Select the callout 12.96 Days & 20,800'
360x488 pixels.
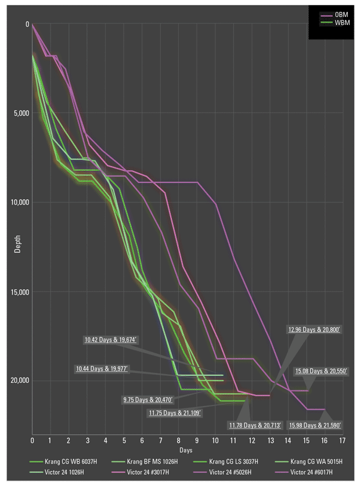click(x=314, y=329)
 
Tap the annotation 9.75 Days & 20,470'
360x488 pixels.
click(x=149, y=400)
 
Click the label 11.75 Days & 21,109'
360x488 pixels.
click(x=175, y=413)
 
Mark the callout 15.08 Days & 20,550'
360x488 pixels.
click(x=321, y=371)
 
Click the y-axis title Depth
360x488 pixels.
click(x=19, y=239)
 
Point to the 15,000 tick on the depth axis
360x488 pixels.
click(x=19, y=292)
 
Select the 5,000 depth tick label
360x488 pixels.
click(x=21, y=113)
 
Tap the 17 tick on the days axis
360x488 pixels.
click(x=342, y=440)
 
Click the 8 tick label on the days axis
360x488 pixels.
click(x=178, y=440)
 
